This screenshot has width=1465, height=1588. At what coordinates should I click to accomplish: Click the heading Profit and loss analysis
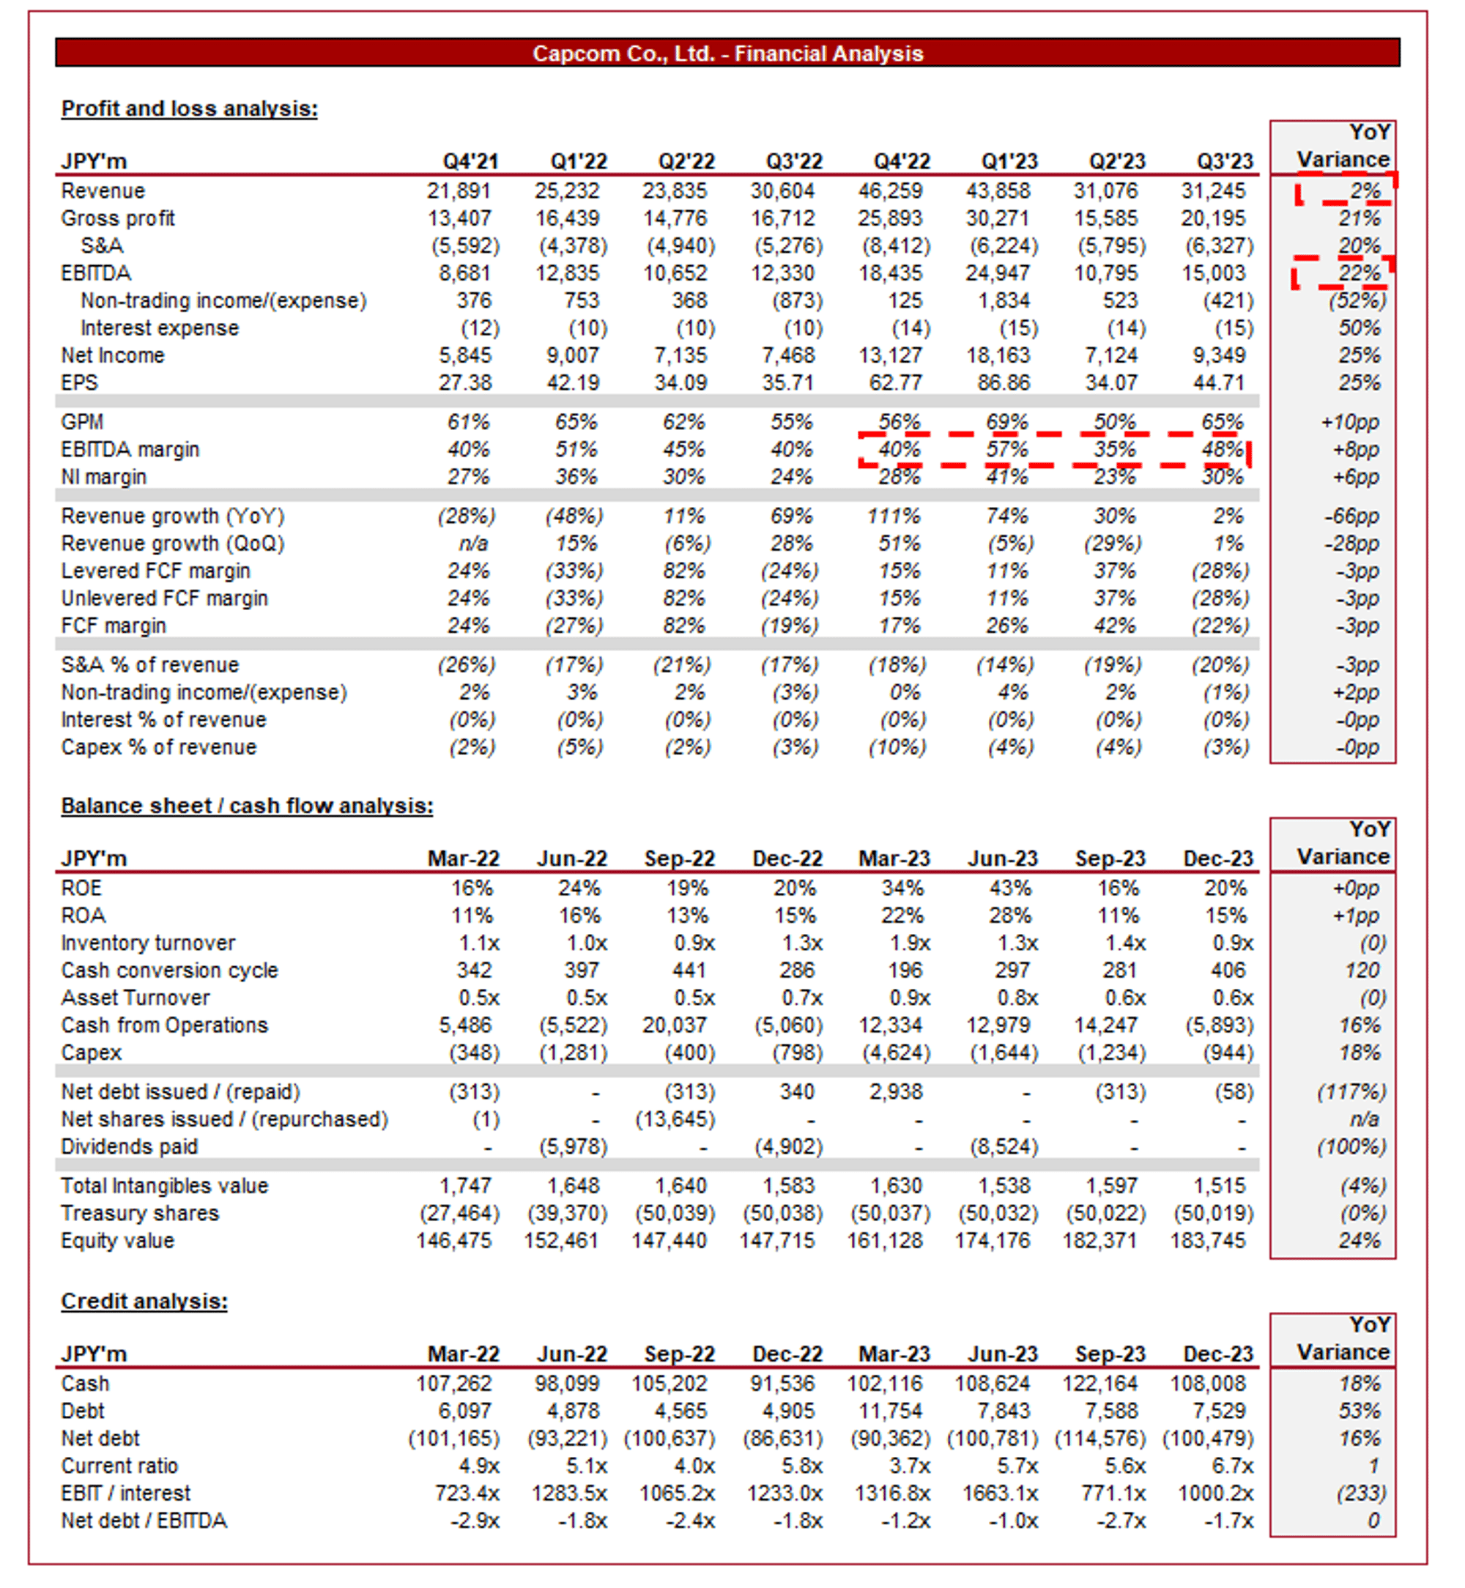[x=190, y=108]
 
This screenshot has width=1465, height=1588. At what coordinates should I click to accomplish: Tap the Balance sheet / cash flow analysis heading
[x=247, y=806]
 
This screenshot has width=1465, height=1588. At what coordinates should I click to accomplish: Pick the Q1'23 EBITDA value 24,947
[x=1001, y=273]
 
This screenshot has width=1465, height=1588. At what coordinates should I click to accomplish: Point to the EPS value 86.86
[x=1004, y=383]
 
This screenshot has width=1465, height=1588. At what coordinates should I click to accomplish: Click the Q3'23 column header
[x=1224, y=162]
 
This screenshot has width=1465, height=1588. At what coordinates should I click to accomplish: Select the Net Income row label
[x=113, y=356]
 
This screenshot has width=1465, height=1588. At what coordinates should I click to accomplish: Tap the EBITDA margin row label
[x=130, y=450]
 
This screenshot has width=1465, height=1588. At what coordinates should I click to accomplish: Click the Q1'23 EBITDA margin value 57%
[x=1006, y=450]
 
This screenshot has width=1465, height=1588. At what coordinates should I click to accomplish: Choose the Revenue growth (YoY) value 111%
[x=894, y=516]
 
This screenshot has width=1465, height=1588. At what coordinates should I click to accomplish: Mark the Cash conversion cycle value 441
[x=689, y=971]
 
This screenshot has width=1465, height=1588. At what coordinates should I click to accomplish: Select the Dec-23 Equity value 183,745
[x=1207, y=1241]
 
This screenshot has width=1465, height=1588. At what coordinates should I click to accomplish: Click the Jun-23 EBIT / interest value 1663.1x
[x=1000, y=1494]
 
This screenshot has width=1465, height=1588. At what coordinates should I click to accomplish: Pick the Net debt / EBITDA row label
[x=144, y=1521]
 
